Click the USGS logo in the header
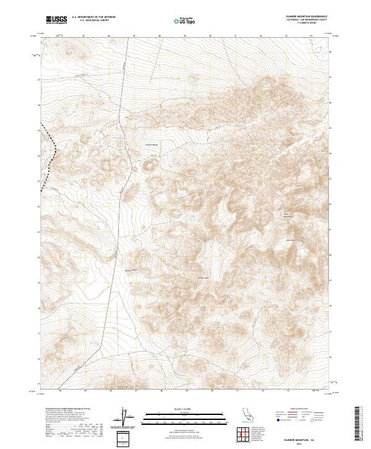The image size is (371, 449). (54, 20)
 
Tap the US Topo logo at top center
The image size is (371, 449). (185, 20)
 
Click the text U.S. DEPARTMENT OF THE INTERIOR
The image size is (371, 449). (93, 17)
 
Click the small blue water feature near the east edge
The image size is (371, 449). (321, 151)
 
